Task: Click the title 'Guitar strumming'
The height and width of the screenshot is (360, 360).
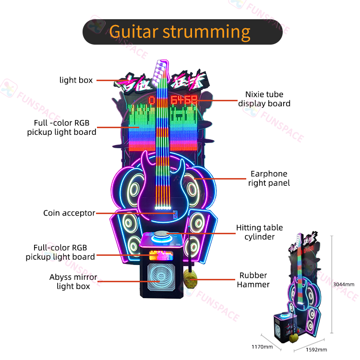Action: coord(180,31)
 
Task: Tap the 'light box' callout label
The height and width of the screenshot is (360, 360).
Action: coord(76,80)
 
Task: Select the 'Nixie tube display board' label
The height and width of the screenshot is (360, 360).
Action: coord(264,99)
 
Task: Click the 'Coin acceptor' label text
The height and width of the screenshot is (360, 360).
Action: coord(69,213)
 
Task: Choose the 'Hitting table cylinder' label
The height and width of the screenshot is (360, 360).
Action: coord(259,232)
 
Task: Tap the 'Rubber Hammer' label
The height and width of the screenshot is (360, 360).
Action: coord(254,280)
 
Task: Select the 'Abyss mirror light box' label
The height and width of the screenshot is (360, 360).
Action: coord(73,282)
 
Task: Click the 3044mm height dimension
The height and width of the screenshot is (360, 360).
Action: coord(343,284)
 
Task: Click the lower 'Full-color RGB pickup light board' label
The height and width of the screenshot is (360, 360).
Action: coord(60,252)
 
